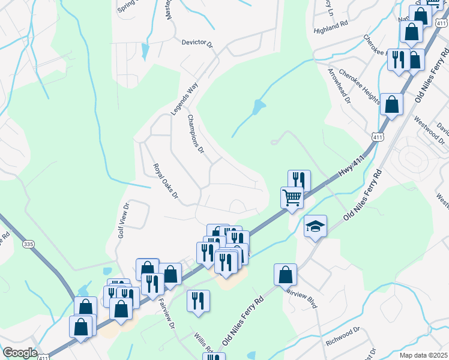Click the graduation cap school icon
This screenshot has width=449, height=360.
coord(315,226)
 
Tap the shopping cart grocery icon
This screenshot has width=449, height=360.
coord(292,197)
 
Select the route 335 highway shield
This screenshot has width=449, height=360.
coord(28,244)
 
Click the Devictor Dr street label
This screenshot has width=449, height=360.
coord(197,44)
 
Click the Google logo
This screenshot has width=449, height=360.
coord(20,353)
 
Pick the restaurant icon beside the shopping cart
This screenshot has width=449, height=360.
coord(299,179)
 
